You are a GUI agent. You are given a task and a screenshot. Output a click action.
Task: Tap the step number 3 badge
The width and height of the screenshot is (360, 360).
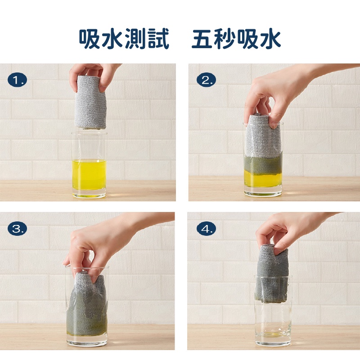[x=18, y=229]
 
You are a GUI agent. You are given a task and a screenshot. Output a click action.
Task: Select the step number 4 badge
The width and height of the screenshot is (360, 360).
[x=207, y=229]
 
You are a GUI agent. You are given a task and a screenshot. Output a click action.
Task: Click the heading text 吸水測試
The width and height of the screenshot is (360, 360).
[x=124, y=40]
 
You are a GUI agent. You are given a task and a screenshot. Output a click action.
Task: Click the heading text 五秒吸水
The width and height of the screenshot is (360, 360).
[x=236, y=40]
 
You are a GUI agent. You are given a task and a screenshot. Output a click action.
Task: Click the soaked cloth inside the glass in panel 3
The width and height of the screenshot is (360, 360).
[x=88, y=306]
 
